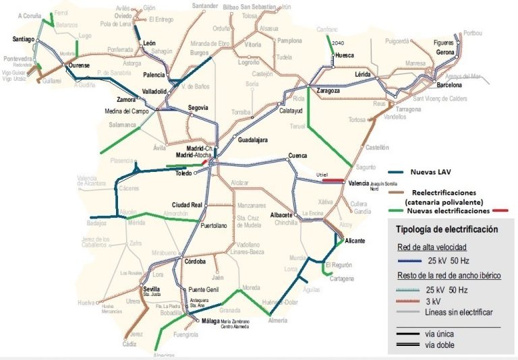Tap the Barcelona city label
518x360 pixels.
[x=449, y=86]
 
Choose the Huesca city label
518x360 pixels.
[x=344, y=55]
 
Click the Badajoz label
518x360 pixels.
[x=97, y=222]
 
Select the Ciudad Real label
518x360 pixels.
[x=188, y=204]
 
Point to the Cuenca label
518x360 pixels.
[x=298, y=156]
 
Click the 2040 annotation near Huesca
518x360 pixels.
[x=339, y=42]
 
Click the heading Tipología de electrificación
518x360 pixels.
[x=447, y=229]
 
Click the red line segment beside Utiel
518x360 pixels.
[x=331, y=180]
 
